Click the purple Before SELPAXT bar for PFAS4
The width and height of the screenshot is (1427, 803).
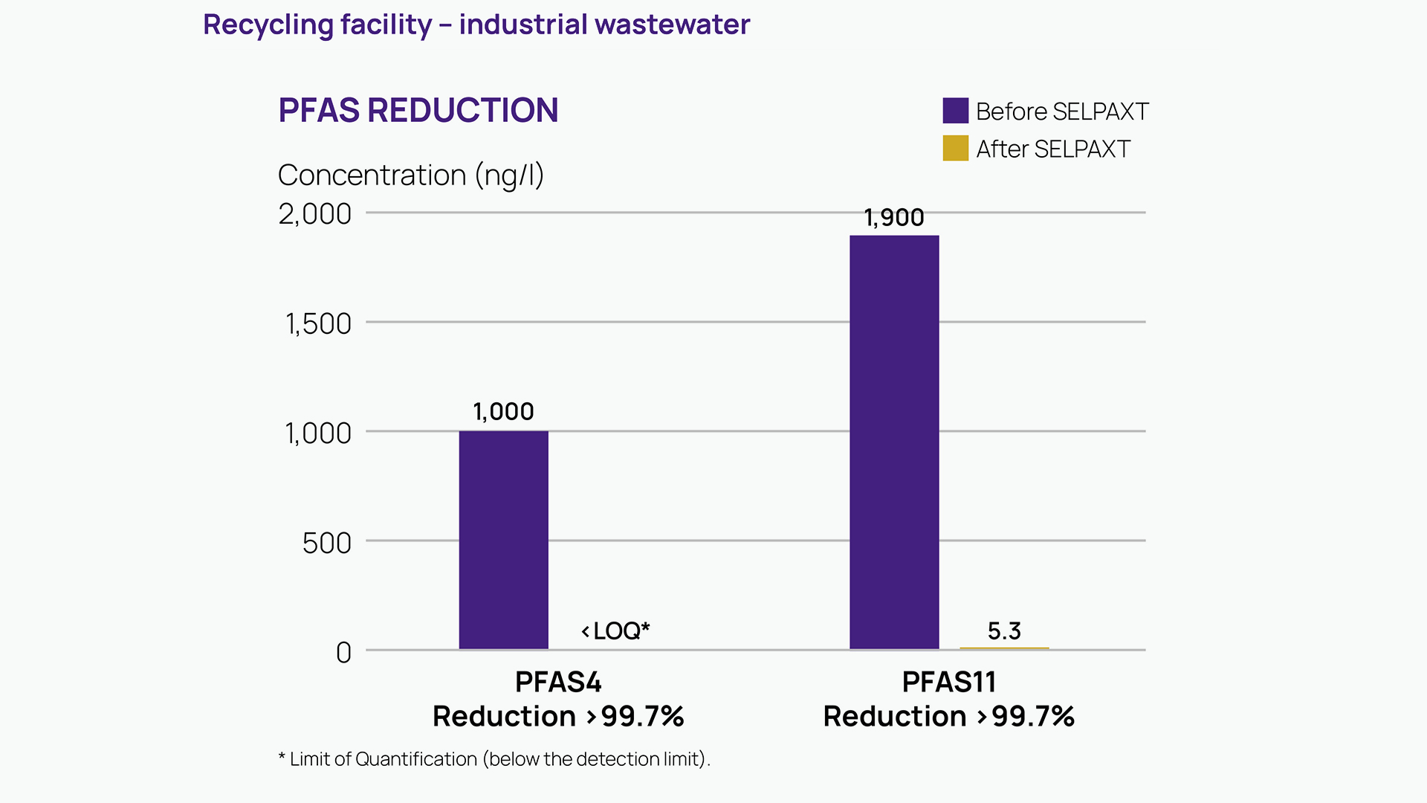[503, 540]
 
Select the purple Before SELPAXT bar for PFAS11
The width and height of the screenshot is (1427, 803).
[894, 442]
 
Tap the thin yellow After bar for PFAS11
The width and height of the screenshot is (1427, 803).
[1004, 648]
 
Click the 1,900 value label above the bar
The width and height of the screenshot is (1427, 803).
[894, 218]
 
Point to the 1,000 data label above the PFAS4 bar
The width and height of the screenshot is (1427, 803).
[503, 412]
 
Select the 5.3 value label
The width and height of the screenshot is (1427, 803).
[1004, 631]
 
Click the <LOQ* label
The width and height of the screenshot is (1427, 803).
[615, 631]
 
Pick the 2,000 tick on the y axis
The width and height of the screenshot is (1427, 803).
[314, 214]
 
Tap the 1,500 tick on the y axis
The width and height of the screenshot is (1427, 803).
[318, 324]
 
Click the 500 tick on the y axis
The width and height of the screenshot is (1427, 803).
[326, 544]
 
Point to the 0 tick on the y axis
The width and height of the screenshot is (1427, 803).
[343, 653]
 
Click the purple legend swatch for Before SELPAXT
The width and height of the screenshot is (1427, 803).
[956, 111]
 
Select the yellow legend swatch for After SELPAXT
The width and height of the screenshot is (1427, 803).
[956, 148]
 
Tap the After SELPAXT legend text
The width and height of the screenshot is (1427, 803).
[1053, 149]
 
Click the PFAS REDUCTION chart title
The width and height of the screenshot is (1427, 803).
[418, 111]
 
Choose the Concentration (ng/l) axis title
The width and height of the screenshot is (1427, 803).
[410, 175]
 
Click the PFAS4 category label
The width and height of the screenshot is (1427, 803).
[558, 682]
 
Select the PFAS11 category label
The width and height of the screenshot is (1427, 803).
[948, 682]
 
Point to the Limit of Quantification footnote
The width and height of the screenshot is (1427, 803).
[494, 759]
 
